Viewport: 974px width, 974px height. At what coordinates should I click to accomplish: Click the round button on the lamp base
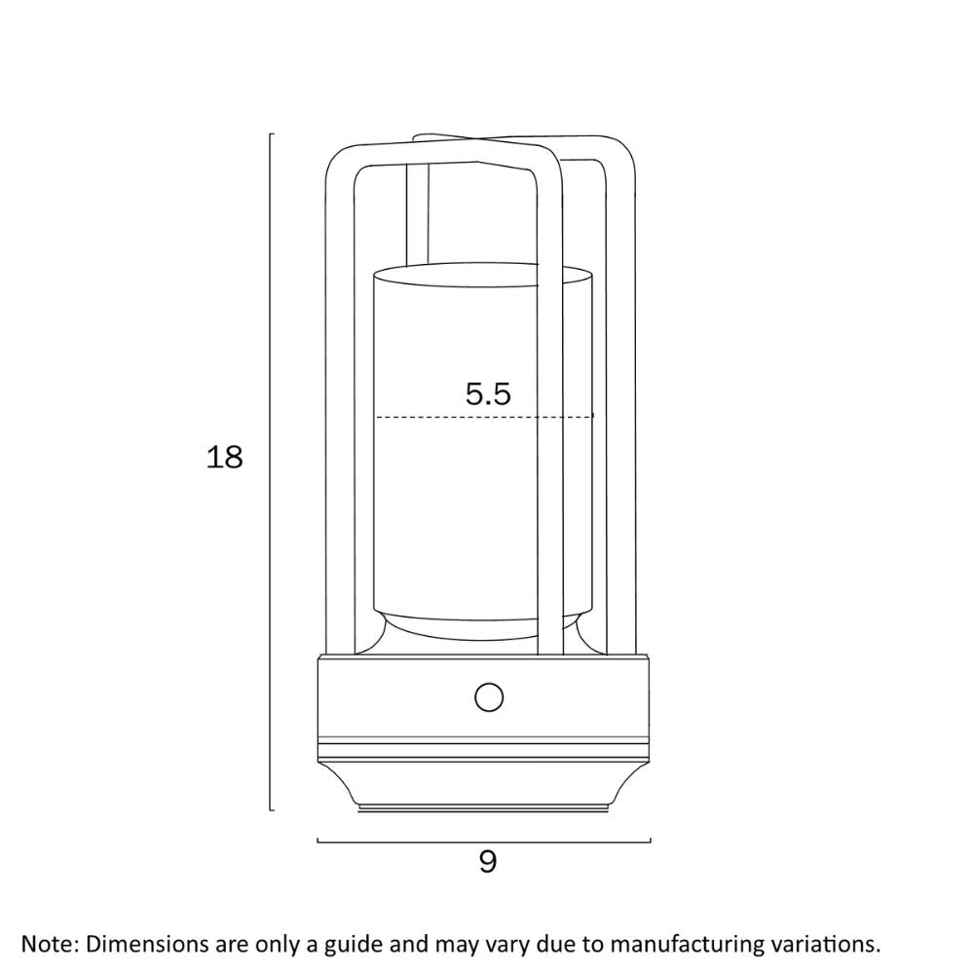pyautogui.click(x=488, y=697)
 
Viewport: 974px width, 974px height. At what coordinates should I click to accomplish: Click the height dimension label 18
pyautogui.click(x=224, y=458)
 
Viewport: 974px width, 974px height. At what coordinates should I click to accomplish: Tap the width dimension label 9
pyautogui.click(x=488, y=862)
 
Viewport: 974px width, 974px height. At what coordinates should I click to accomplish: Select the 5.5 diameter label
pyautogui.click(x=488, y=393)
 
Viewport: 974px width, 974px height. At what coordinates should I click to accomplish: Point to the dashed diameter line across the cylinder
pyautogui.click(x=484, y=416)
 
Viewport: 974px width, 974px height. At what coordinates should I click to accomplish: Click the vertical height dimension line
pyautogui.click(x=270, y=472)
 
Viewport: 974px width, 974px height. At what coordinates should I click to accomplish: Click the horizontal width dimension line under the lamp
pyautogui.click(x=484, y=843)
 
